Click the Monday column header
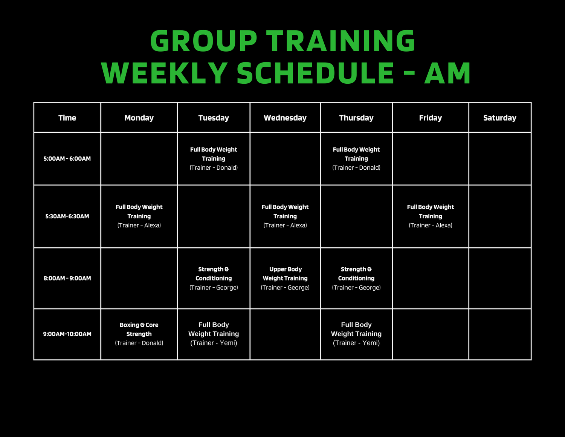(139, 118)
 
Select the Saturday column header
(500, 118)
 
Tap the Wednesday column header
(285, 118)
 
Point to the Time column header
(67, 118)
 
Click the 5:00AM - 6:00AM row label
(67, 158)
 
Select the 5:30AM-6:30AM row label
(67, 216)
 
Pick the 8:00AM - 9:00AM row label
(67, 278)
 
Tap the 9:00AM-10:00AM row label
(67, 334)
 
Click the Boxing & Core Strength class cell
(139, 334)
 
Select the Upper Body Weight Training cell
(285, 278)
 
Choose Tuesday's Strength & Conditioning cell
(214, 278)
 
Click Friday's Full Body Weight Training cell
(430, 216)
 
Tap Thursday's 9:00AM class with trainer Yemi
(356, 334)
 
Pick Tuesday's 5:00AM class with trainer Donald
(214, 158)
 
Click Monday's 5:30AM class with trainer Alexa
(139, 216)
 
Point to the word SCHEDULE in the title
(315, 73)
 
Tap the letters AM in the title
(447, 73)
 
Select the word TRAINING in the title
(341, 41)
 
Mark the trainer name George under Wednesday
(298, 288)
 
